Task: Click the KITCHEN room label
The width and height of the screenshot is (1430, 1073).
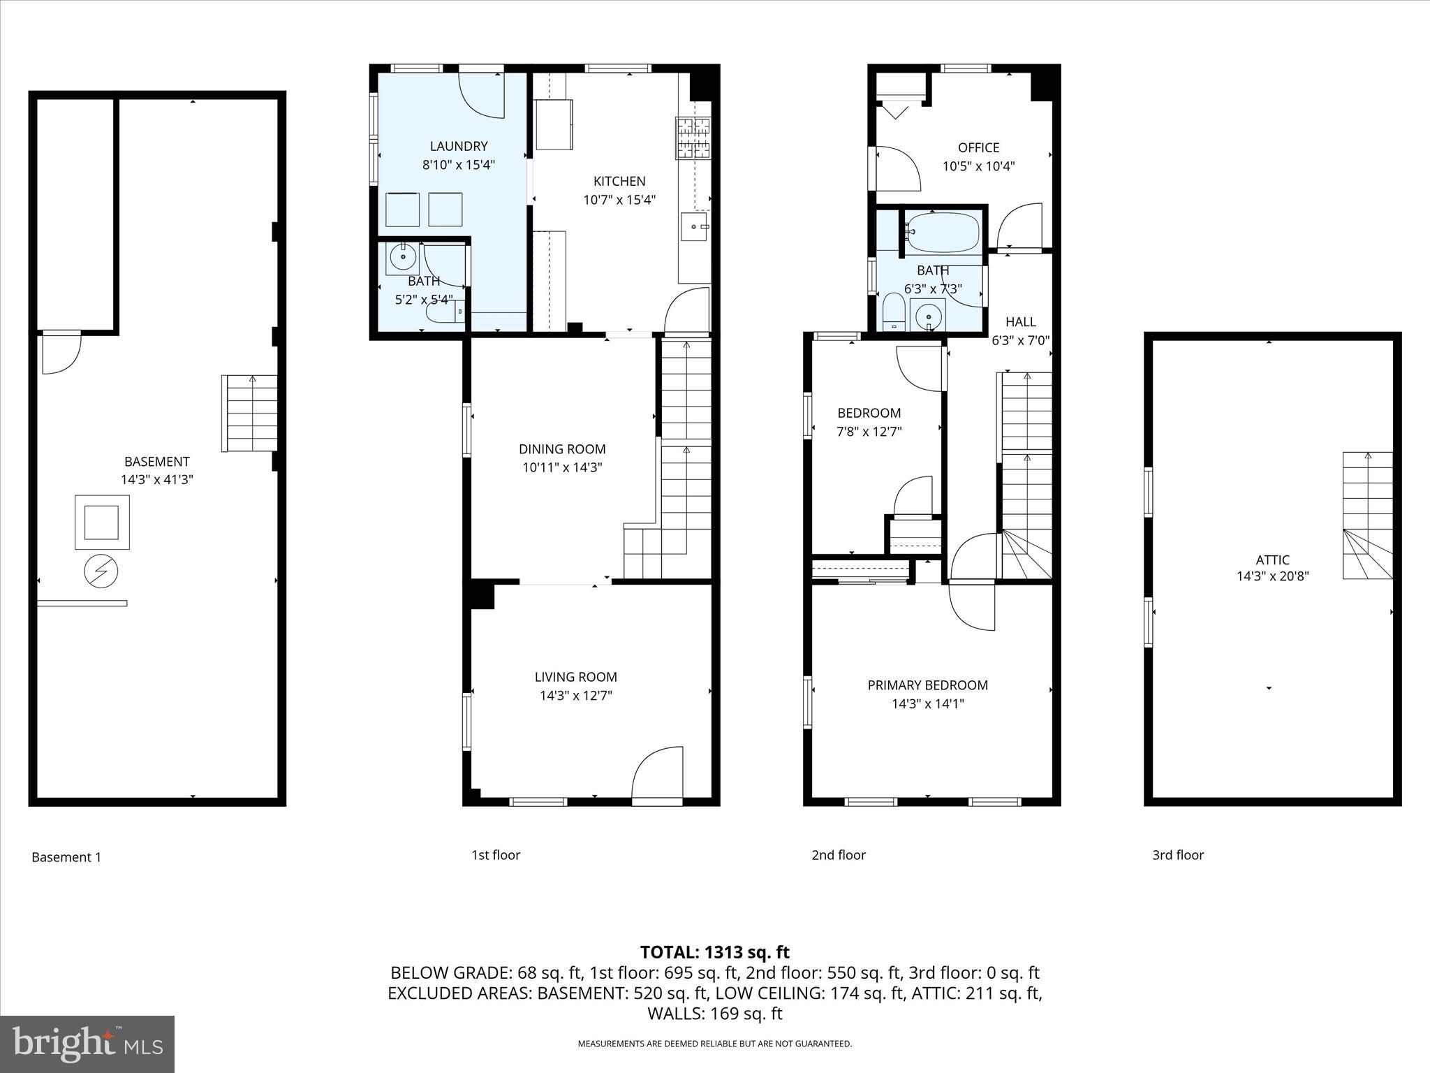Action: [619, 181]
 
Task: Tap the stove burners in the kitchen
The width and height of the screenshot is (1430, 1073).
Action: [692, 138]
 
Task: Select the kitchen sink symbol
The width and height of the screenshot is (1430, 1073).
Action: [694, 227]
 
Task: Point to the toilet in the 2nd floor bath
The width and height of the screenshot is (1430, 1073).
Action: [894, 313]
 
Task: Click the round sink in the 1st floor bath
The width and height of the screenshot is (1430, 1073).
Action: [403, 258]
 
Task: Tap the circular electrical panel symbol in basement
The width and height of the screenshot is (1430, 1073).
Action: [101, 572]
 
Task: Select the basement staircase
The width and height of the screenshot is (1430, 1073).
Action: [250, 414]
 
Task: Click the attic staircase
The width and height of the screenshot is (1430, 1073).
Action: [1367, 516]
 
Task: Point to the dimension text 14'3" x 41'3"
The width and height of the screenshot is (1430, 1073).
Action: [156, 480]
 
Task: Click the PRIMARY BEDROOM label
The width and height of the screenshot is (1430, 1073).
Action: [927, 685]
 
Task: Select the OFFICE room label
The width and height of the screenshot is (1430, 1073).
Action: [978, 147]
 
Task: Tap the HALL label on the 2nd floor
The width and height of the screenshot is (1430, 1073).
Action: [1020, 322]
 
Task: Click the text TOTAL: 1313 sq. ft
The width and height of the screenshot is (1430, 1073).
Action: [714, 952]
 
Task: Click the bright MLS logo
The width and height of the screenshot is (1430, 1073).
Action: [87, 1044]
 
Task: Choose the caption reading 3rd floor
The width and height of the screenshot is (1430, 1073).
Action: [1178, 855]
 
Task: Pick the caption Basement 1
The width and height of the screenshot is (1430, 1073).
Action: [66, 857]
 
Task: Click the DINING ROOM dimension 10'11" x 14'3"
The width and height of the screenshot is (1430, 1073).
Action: [561, 467]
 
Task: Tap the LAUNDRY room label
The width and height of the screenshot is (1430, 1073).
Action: [458, 146]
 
